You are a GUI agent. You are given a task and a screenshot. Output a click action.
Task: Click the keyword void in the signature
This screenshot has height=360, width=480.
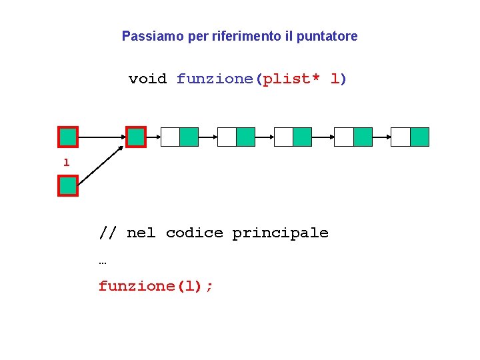(x=147, y=79)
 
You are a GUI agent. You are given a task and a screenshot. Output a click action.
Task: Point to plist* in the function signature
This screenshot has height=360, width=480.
(x=291, y=79)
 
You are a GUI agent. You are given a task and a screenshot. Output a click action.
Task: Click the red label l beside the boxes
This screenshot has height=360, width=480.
(x=66, y=162)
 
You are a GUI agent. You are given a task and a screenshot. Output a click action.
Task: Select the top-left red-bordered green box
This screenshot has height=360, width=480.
(x=68, y=137)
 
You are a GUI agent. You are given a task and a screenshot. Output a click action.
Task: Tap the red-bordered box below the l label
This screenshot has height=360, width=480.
(x=68, y=186)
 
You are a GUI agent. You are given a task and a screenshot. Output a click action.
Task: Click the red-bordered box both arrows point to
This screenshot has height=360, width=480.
(x=136, y=137)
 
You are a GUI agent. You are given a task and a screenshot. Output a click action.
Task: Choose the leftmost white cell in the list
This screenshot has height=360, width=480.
(x=171, y=137)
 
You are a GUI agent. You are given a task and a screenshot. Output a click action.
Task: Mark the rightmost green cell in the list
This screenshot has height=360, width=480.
(x=419, y=137)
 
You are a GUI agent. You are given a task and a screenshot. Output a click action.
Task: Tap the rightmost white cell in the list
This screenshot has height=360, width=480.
(x=401, y=137)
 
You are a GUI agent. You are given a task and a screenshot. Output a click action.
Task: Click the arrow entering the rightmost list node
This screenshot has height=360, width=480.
(x=381, y=137)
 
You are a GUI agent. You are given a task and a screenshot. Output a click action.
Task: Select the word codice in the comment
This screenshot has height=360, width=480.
(x=194, y=233)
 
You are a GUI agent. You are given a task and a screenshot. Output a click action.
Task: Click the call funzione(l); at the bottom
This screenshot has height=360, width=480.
(x=156, y=286)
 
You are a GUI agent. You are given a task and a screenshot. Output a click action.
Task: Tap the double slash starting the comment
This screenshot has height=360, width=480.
(x=108, y=233)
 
